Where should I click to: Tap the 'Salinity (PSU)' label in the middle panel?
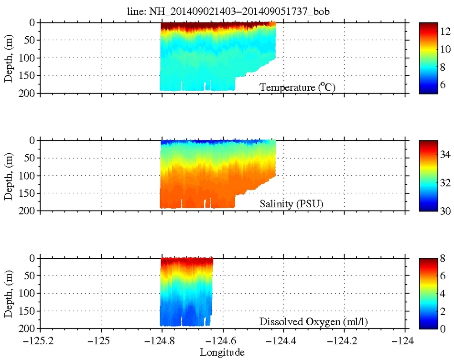point(292,205)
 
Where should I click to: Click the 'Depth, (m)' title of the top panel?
point(9,58)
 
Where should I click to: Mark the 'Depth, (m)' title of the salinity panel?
point(9,175)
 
